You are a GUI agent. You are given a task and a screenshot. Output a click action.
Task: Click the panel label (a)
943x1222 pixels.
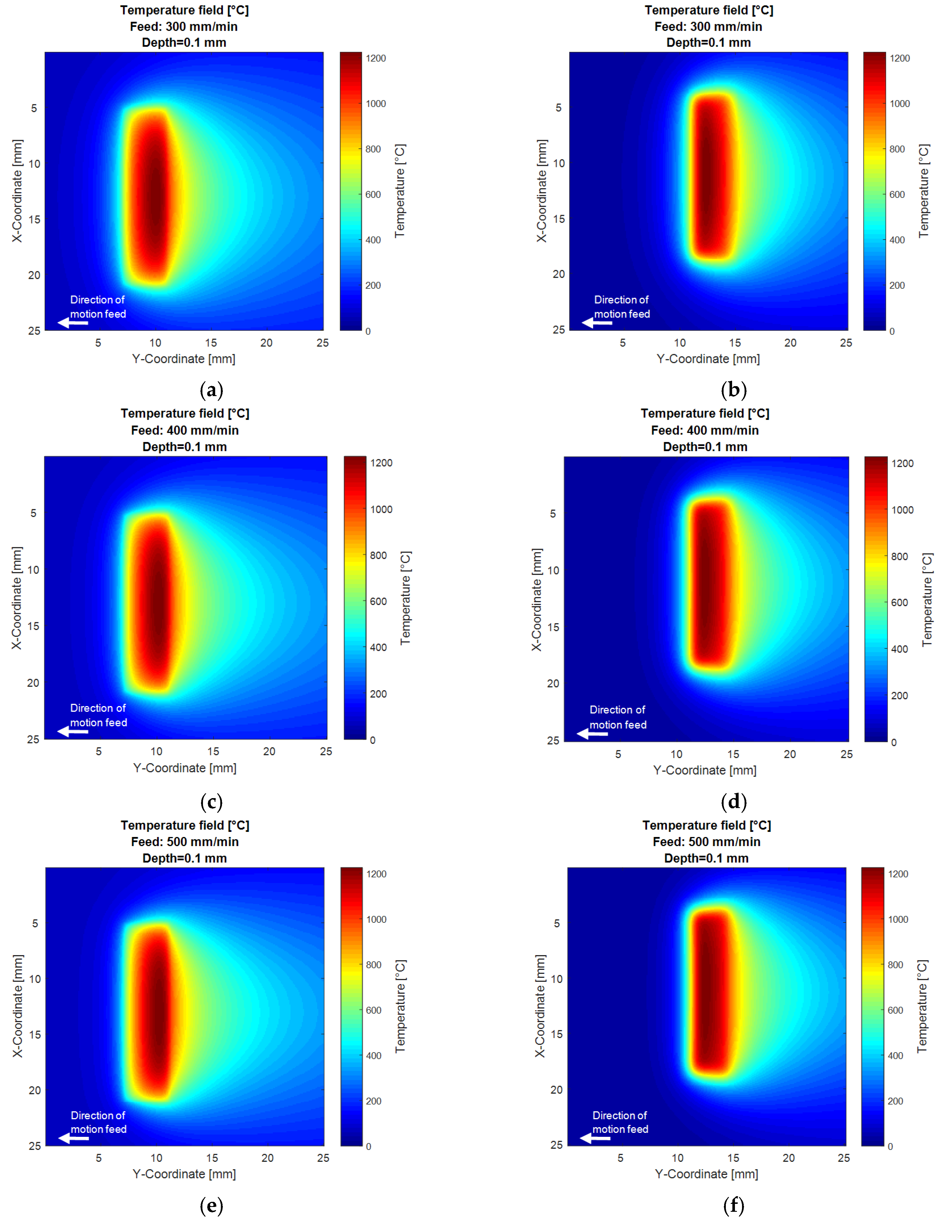(x=211, y=390)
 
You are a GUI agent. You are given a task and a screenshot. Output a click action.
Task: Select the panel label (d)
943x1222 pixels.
(x=734, y=802)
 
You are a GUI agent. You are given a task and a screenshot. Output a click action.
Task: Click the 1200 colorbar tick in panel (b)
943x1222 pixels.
(x=899, y=58)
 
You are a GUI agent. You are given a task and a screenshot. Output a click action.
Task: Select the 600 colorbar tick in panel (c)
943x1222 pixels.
(x=378, y=601)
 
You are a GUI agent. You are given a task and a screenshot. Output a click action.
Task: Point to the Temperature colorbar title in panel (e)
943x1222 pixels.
(x=401, y=1007)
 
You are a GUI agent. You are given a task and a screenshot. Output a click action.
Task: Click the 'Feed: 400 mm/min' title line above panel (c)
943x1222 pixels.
(x=185, y=430)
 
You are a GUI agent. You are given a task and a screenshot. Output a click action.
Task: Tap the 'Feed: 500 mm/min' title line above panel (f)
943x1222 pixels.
(x=707, y=842)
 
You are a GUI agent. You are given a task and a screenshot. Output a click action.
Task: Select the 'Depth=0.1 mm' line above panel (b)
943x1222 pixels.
(x=708, y=43)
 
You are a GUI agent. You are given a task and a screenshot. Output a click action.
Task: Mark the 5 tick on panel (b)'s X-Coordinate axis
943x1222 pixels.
(x=558, y=107)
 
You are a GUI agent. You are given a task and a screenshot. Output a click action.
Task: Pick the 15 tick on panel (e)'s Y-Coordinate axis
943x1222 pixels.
(x=212, y=1158)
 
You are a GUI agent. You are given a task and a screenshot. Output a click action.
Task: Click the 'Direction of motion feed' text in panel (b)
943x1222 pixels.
(x=621, y=307)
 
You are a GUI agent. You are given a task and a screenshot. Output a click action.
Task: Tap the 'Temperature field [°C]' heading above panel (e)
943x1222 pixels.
(x=185, y=825)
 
